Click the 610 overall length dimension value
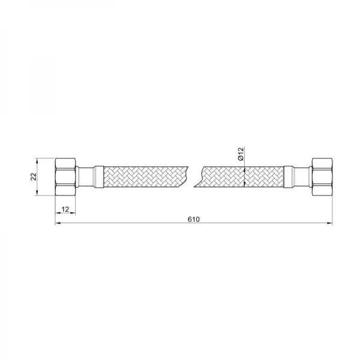point(194,219)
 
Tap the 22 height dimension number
point(34,176)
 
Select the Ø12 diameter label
point(241,154)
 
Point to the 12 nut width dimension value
point(65,209)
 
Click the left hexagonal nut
point(65,177)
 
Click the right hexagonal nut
point(322,177)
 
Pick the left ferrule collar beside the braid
point(99,177)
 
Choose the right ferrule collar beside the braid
point(289,177)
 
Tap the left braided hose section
point(145,176)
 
